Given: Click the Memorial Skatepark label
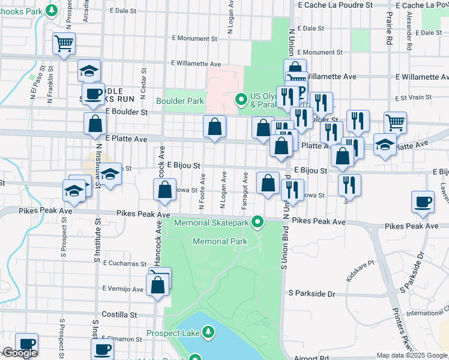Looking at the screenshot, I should (211, 223).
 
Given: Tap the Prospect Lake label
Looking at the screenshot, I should (173, 333).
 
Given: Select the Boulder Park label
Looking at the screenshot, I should (180, 101).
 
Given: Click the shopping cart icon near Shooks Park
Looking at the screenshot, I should (64, 43).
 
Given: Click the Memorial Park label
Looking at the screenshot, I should (220, 241).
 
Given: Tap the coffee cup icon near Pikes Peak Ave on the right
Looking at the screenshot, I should (423, 202).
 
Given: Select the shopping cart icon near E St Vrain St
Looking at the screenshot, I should (395, 122).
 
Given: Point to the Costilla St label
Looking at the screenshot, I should (120, 314).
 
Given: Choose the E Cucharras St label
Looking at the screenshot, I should (124, 263).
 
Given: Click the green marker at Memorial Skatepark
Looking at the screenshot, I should (258, 223).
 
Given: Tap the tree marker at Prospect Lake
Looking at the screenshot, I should (208, 332).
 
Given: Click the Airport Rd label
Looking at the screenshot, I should (312, 357).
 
